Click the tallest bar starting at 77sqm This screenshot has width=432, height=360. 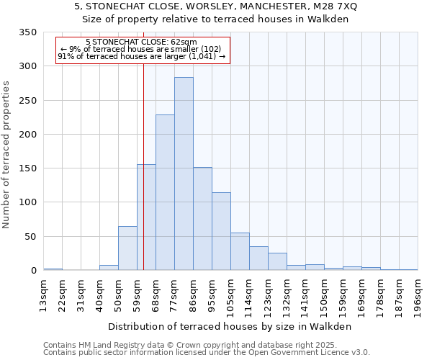coord(184,174)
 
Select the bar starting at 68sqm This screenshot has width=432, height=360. coord(165,192)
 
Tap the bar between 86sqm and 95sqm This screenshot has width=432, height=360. coord(202,219)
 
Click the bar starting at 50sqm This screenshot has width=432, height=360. coord(127,248)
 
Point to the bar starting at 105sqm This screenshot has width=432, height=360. coord(240,251)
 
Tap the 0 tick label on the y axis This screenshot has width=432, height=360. coord(33,271)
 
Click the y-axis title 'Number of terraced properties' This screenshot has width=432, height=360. coord(7,155)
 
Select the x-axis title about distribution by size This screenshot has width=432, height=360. coord(230,326)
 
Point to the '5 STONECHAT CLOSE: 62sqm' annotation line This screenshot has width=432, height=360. coord(143,42)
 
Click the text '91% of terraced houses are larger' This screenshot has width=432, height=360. coord(122,56)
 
